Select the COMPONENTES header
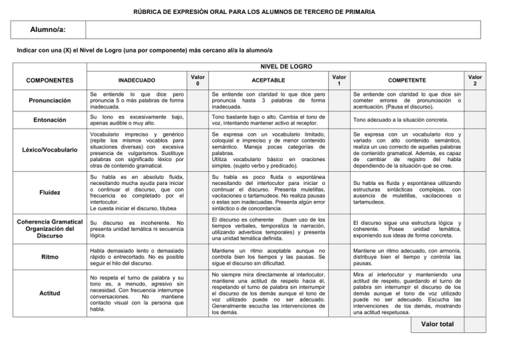pyautogui.click(x=46, y=80)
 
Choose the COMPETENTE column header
pyautogui.click(x=416, y=80)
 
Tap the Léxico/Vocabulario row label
pyautogui.click(x=46, y=151)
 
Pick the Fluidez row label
pyautogui.click(x=46, y=192)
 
